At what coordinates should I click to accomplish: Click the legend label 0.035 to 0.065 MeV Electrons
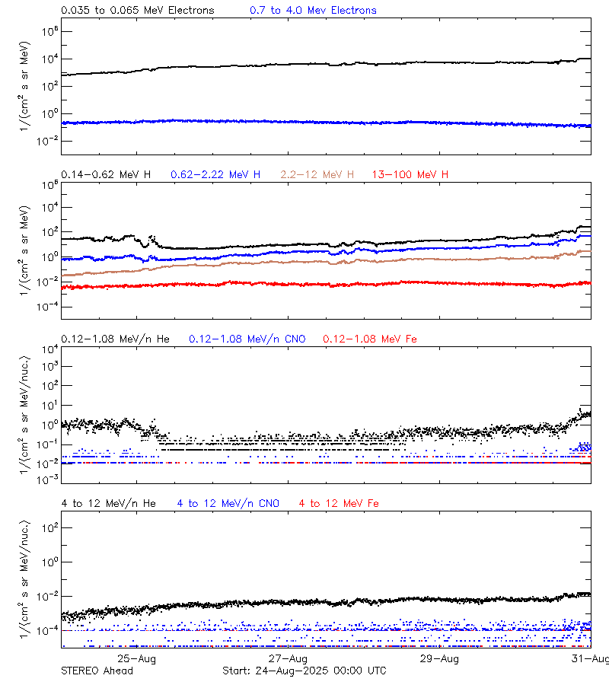point(137,11)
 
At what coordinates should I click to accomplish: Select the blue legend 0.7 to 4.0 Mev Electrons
point(313,11)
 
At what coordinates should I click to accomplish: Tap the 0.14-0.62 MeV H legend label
point(106,175)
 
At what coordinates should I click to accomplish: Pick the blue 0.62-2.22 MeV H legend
point(215,175)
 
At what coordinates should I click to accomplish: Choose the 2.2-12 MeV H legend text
point(317,175)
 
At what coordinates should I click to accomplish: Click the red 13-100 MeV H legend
point(410,175)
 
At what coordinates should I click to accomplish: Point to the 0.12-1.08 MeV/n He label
point(115,339)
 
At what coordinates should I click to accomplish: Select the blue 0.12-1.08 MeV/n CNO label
point(247,339)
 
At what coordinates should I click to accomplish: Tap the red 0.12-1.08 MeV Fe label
point(370,339)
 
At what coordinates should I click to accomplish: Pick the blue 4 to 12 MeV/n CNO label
point(228,503)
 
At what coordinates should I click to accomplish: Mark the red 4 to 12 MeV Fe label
point(339,503)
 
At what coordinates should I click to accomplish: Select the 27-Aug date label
point(289,658)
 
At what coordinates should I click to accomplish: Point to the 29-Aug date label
point(440,658)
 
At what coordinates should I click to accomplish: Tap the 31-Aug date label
point(591,658)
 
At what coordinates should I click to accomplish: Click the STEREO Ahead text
point(97,671)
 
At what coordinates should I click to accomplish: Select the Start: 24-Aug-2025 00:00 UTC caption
point(304,671)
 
